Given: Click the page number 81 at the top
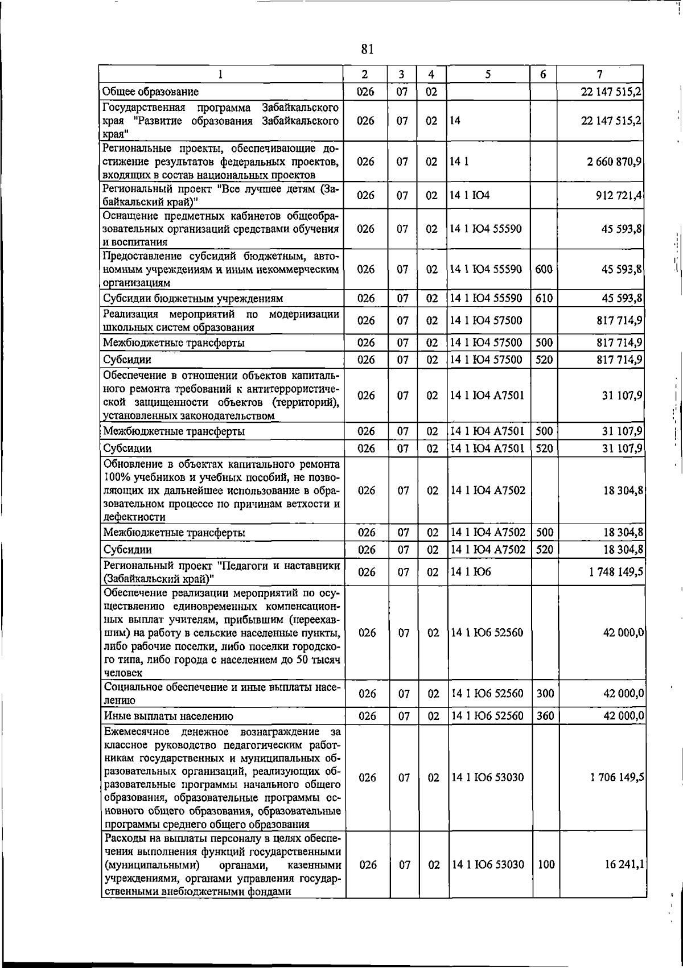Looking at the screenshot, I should [x=367, y=49].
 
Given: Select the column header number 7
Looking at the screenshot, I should [x=599, y=75].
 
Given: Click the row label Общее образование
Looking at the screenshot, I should [x=151, y=91].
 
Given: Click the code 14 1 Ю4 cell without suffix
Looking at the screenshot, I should [x=470, y=195].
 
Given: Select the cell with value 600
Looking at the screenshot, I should [x=544, y=269].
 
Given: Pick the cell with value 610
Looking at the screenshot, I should [x=544, y=298].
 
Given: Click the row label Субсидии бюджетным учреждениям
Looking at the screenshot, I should [x=193, y=298].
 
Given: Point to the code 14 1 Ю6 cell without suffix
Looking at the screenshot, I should [x=471, y=572].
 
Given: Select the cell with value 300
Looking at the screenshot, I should [x=545, y=693].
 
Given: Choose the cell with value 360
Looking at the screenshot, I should [x=545, y=715].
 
